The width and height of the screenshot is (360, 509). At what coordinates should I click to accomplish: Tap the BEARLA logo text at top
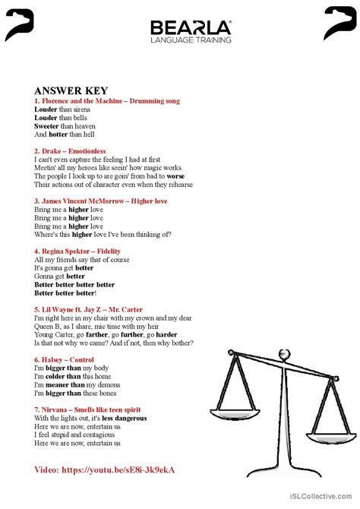point(191,28)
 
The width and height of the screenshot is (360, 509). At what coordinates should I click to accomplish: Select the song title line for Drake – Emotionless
point(70,151)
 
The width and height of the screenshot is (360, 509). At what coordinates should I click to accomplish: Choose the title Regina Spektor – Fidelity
point(77,251)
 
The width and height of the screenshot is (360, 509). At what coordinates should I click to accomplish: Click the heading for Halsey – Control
point(64,359)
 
